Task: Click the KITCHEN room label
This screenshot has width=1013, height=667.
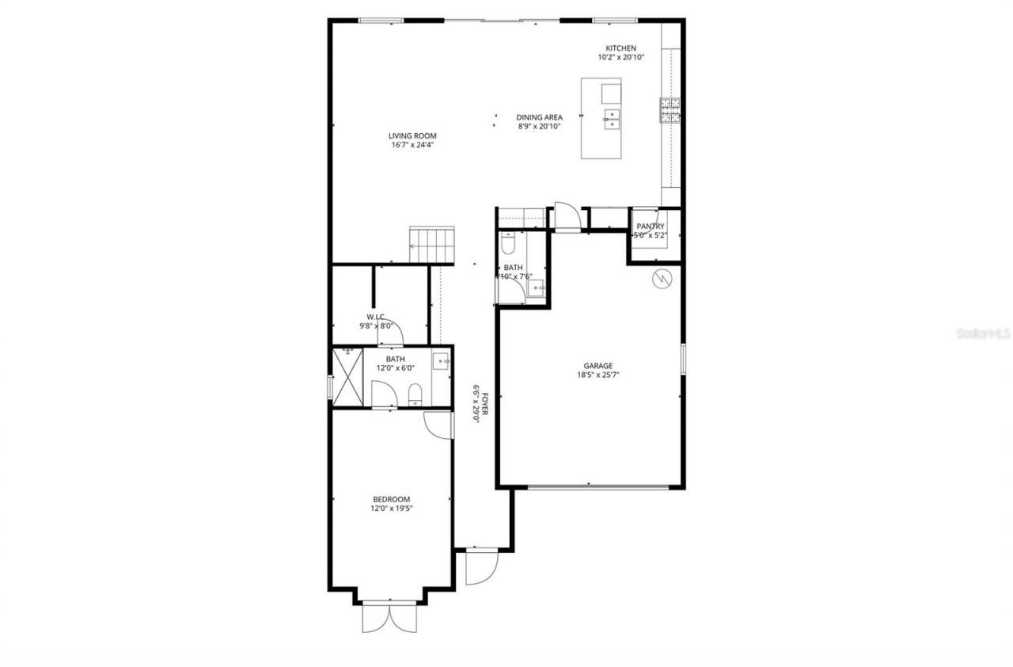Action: click(x=620, y=48)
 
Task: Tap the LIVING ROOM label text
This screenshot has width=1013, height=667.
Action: click(x=412, y=135)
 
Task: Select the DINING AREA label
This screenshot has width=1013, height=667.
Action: click(x=540, y=117)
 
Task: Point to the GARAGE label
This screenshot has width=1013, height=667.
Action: click(x=598, y=366)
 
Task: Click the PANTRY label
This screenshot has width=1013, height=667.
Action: click(x=651, y=227)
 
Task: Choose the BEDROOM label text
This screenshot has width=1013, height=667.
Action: click(x=392, y=499)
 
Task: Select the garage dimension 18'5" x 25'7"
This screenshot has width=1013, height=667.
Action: click(x=598, y=375)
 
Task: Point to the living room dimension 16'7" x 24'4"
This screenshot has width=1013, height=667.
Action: click(x=412, y=145)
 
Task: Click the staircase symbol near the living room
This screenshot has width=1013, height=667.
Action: click(x=433, y=245)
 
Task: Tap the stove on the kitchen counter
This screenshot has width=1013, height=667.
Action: click(x=670, y=111)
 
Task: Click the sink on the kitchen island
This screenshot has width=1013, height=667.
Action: click(x=612, y=120)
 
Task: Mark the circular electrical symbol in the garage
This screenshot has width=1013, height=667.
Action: click(x=661, y=278)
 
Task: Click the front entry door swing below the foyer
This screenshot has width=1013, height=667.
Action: click(x=480, y=567)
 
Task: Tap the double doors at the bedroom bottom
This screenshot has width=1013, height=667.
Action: click(x=389, y=618)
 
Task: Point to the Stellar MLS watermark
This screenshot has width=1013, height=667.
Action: click(x=984, y=334)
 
